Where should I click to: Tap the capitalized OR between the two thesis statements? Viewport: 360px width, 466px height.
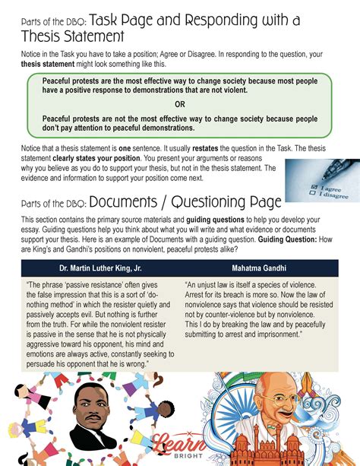(x=180, y=104)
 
